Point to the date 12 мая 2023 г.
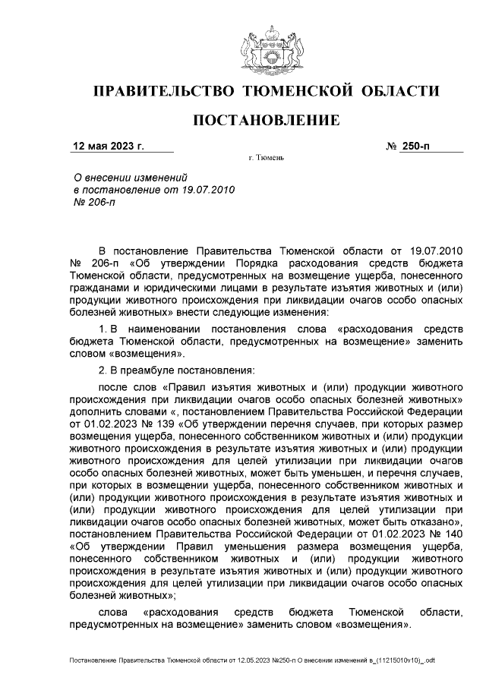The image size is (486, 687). pyautogui.click(x=108, y=146)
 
